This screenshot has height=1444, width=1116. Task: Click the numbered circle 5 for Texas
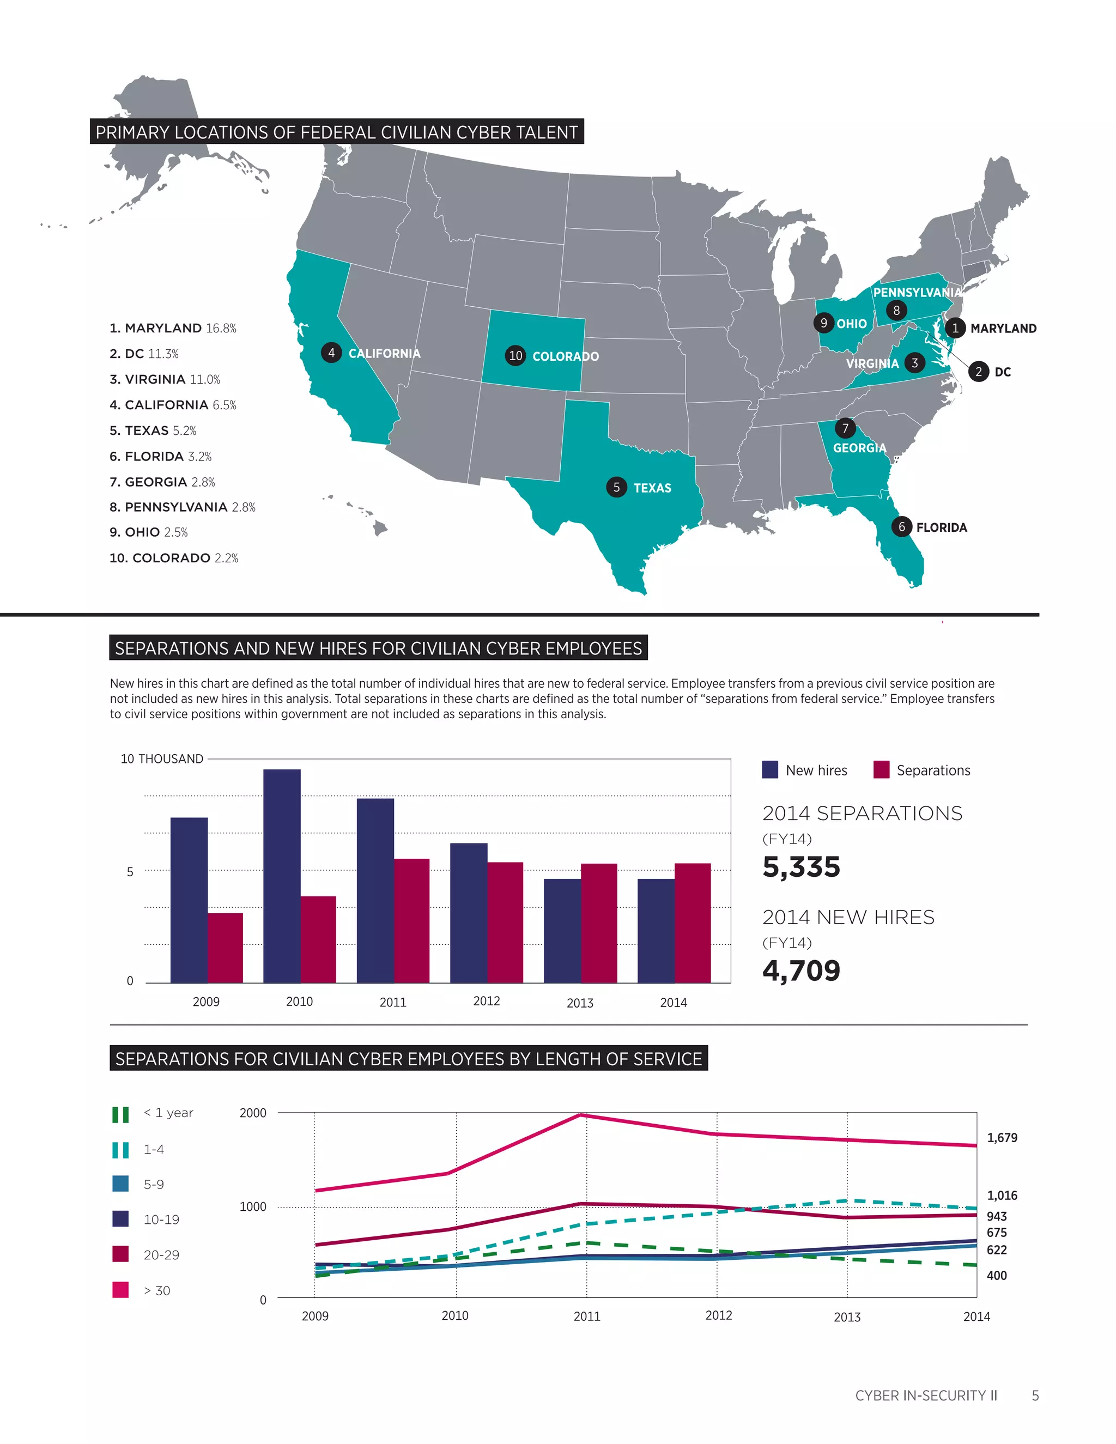(x=616, y=487)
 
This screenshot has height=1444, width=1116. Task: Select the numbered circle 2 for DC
(x=979, y=372)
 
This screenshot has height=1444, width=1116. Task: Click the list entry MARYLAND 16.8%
(x=173, y=328)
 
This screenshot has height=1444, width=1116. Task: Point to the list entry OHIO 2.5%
(x=148, y=532)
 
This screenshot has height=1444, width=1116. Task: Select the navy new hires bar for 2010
(x=282, y=876)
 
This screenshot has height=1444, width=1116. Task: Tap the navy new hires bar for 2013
(x=562, y=930)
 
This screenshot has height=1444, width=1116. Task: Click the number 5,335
(x=800, y=867)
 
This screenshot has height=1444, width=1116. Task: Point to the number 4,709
(x=800, y=970)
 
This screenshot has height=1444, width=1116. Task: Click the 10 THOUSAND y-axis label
(x=161, y=759)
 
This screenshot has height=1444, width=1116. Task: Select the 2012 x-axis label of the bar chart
(x=486, y=1001)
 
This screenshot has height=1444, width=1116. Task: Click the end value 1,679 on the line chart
(x=1002, y=1138)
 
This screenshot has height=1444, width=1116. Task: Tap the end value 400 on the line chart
(x=996, y=1276)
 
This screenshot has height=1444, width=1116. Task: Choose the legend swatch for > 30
(x=120, y=1290)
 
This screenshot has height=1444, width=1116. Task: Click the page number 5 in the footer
(x=1035, y=1396)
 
